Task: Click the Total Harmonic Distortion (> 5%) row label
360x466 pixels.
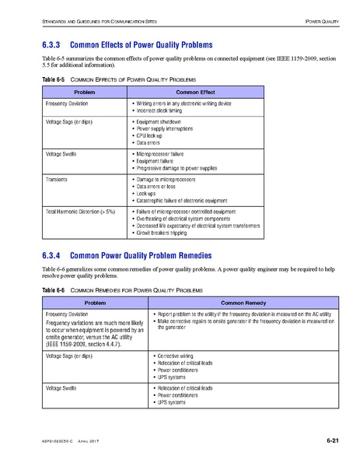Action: (x=80, y=211)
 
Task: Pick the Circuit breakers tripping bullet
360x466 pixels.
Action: (x=166, y=233)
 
